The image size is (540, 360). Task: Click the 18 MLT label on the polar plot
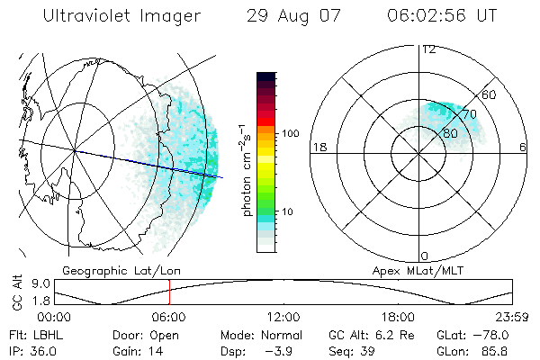click(x=318, y=147)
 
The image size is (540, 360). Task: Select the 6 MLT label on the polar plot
click(x=523, y=147)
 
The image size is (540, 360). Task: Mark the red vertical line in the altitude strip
click(x=169, y=292)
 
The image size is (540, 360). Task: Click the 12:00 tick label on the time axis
click(x=283, y=317)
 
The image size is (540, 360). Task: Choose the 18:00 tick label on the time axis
click(x=398, y=317)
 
